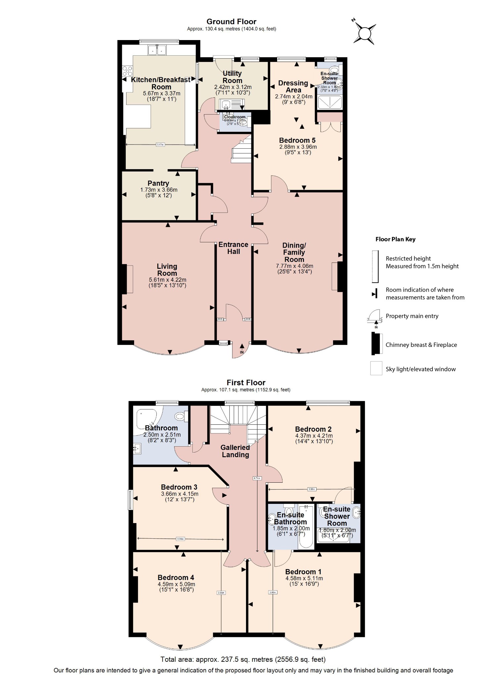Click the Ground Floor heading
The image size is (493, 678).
(231, 22)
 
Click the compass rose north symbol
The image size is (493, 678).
(364, 33)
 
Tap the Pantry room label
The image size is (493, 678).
(158, 183)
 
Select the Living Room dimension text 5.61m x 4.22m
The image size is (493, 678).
(167, 280)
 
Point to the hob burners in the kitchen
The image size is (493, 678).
(127, 71)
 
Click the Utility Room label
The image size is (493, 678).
(232, 77)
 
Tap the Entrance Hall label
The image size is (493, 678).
(233, 248)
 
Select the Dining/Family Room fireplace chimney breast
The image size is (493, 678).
(340, 277)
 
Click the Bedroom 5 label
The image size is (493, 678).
(297, 140)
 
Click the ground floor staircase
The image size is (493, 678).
(242, 151)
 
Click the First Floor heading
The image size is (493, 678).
(246, 383)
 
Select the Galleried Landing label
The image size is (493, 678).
(235, 451)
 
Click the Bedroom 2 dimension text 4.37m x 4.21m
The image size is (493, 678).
(314, 436)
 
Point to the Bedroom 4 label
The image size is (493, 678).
(175, 578)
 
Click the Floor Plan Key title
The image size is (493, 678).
(395, 239)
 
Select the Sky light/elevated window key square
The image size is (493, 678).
(376, 368)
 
